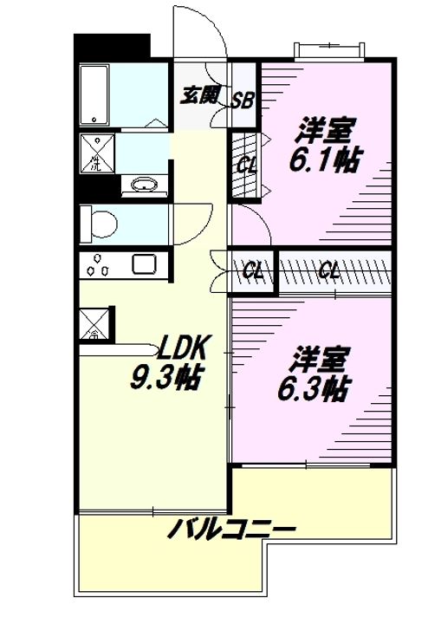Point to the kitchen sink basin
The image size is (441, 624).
[x=142, y=265]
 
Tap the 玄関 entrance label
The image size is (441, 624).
[x=198, y=95]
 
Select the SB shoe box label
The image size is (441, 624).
[x=243, y=101]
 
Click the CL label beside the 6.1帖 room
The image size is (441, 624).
[x=246, y=163]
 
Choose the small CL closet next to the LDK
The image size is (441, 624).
[x=252, y=270]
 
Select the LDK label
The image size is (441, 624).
[x=181, y=348]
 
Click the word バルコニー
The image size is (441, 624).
[x=232, y=527]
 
